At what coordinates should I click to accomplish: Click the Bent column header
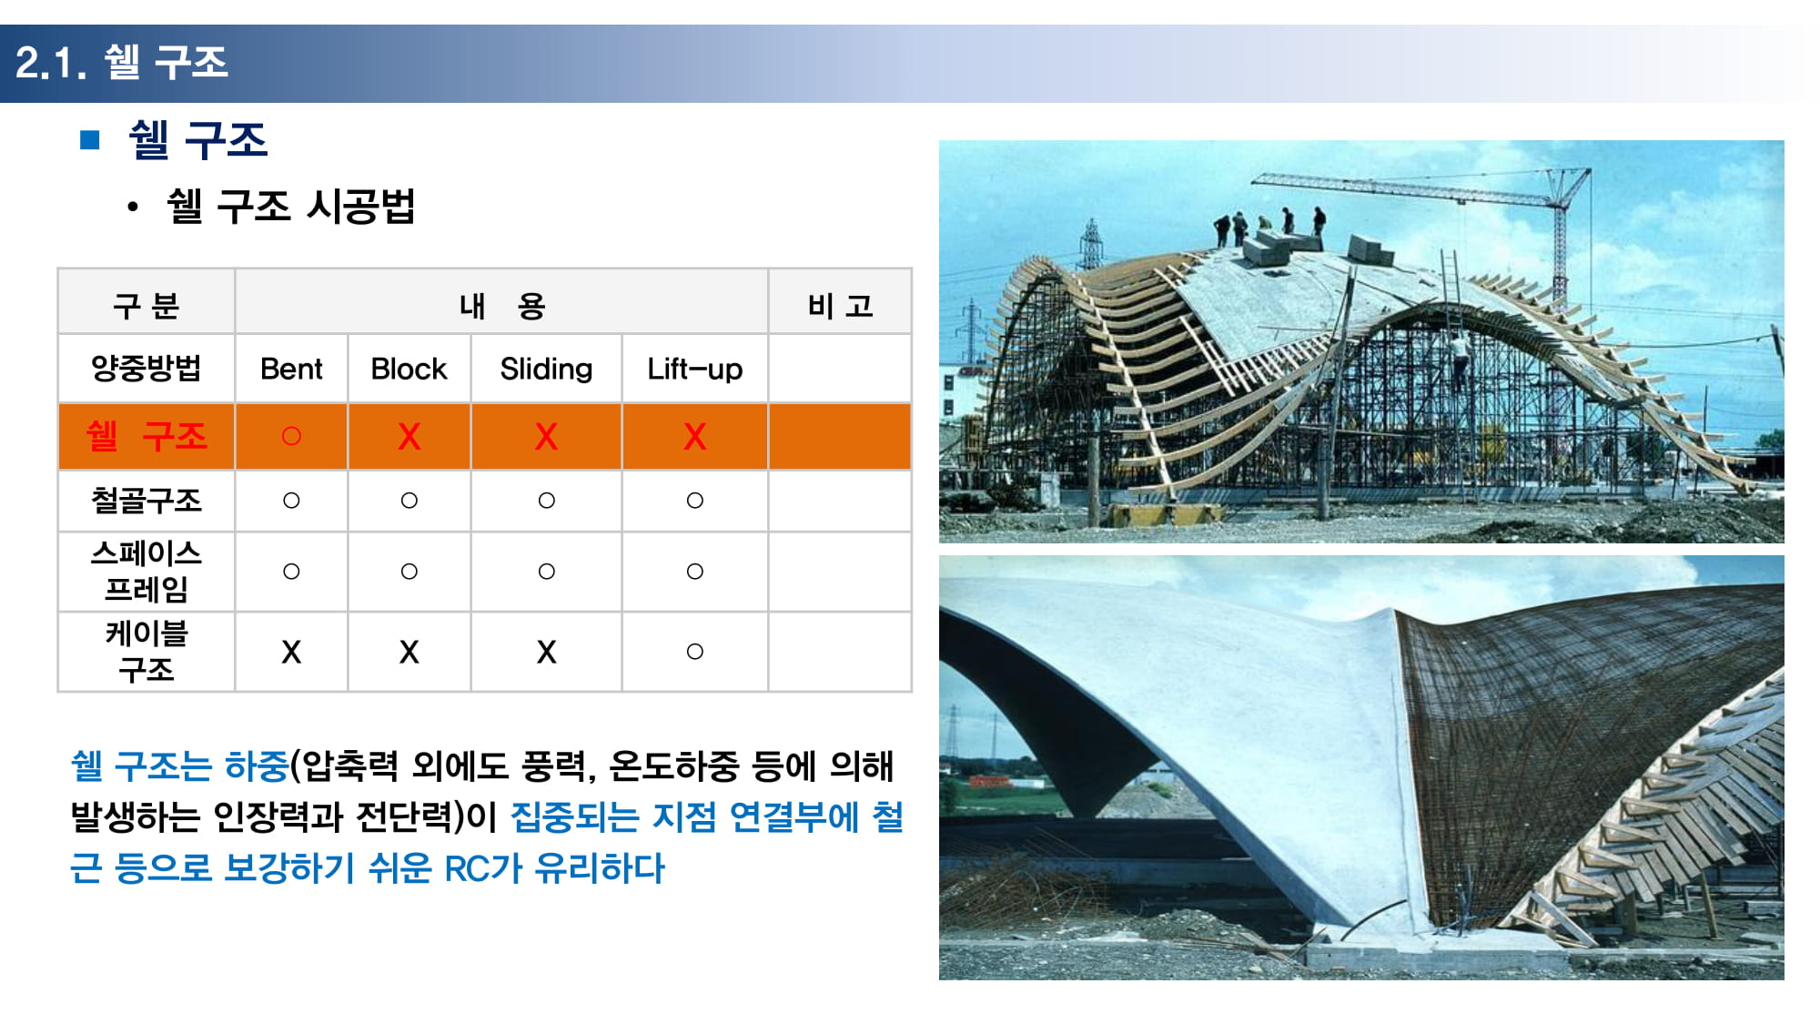(291, 369)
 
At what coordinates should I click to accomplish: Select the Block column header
(409, 369)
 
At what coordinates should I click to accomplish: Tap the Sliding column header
(546, 370)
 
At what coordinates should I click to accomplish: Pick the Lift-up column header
(694, 370)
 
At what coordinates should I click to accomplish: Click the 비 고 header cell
(840, 305)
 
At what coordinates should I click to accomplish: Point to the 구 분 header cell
(146, 305)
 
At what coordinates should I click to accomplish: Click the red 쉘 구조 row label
(147, 436)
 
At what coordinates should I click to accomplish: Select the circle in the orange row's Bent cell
(291, 436)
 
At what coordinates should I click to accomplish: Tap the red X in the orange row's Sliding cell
(546, 437)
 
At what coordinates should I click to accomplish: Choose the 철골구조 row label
(147, 500)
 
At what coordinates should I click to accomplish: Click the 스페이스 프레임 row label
(147, 571)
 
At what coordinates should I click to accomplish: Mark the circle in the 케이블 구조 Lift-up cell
(694, 652)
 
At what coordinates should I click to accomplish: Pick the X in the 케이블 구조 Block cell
(409, 652)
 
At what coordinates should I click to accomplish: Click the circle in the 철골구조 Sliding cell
(546, 500)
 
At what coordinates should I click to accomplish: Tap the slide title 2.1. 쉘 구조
(122, 63)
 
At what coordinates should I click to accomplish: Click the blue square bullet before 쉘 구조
(89, 139)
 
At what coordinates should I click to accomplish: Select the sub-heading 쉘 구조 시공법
(291, 206)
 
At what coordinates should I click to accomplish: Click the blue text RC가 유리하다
(554, 868)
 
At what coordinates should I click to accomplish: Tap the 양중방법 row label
(147, 369)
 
